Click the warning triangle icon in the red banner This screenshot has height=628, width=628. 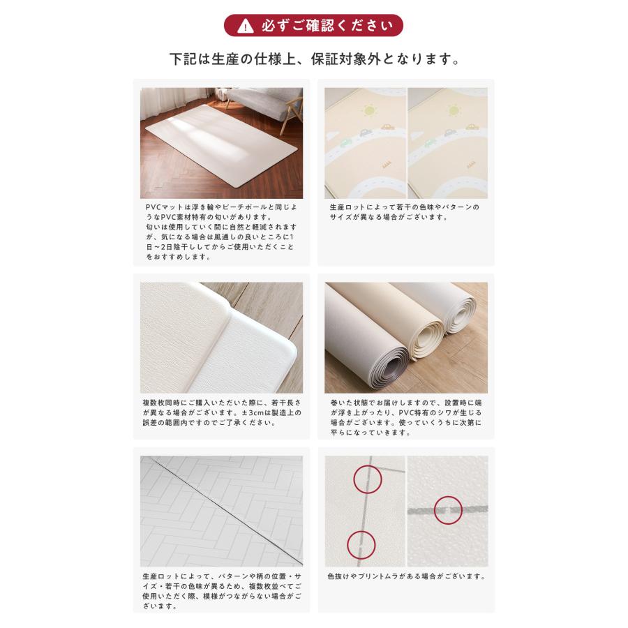[x=245, y=27]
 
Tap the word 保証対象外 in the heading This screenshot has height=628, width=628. [x=345, y=59]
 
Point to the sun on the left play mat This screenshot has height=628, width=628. [x=368, y=110]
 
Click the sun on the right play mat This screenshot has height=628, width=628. [x=454, y=110]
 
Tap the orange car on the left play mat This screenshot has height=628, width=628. [x=387, y=127]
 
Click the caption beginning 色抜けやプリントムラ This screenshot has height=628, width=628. [x=406, y=576]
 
